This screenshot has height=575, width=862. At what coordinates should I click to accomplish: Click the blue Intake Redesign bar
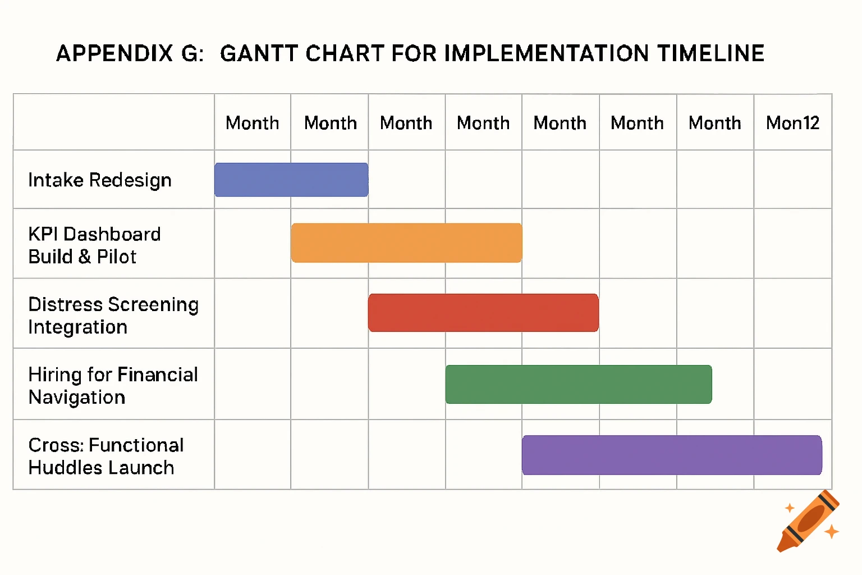[x=291, y=180]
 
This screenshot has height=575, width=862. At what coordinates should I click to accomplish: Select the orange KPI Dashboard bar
[x=406, y=243]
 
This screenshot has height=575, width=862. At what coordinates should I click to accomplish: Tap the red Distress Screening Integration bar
[x=483, y=313]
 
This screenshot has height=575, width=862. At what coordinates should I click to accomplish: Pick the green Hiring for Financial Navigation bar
[x=579, y=385]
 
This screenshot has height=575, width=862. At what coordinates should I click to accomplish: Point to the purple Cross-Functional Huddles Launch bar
[x=672, y=455]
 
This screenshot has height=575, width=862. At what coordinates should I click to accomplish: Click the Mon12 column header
[x=792, y=123]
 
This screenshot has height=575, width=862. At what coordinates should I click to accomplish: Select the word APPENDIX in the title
[x=114, y=54]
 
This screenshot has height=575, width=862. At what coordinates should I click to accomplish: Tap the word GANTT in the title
[x=259, y=54]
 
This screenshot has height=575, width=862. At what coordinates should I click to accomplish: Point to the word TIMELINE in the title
[x=711, y=54]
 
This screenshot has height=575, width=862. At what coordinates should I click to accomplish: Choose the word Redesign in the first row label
[x=130, y=180]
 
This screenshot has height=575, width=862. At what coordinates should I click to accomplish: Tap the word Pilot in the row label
[x=117, y=257]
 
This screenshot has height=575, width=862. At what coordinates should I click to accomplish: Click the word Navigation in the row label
[x=77, y=398]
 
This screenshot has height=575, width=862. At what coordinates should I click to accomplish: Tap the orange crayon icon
[x=809, y=521]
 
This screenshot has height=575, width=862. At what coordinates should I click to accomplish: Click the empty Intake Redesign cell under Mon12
[x=792, y=180]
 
